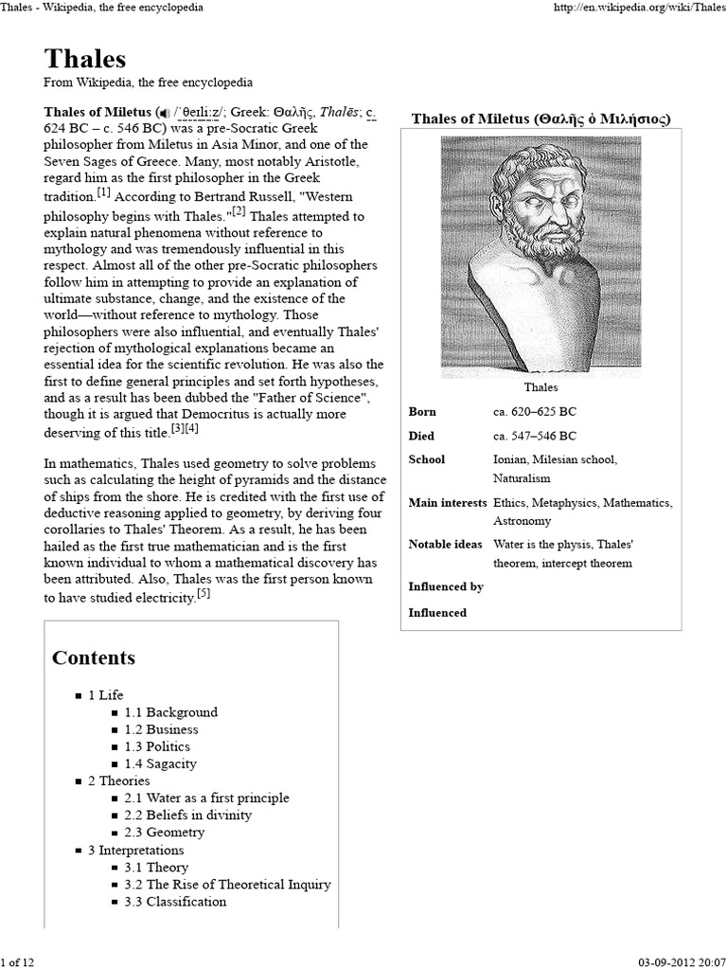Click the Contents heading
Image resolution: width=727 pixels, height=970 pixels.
pyautogui.click(x=94, y=657)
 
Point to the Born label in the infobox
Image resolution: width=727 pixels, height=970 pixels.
pyautogui.click(x=422, y=412)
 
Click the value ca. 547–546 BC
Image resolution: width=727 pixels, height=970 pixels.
pyautogui.click(x=534, y=436)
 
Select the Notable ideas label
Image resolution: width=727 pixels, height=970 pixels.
pyautogui.click(x=446, y=544)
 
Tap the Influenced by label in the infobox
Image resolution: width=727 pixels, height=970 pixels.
pyautogui.click(x=446, y=586)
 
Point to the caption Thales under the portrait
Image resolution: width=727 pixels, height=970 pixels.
pyautogui.click(x=541, y=387)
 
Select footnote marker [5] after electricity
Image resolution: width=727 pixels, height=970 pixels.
pyautogui.click(x=204, y=595)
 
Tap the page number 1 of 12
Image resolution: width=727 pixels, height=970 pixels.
pyautogui.click(x=18, y=962)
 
